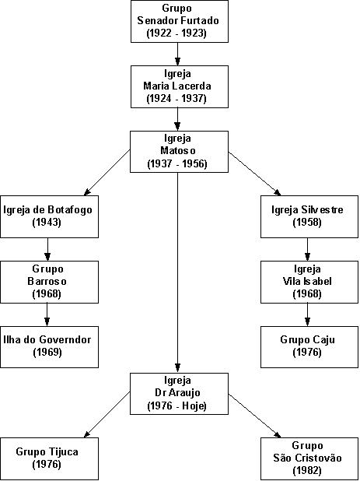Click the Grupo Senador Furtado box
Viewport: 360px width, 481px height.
180,21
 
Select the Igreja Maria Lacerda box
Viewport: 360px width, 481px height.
180,86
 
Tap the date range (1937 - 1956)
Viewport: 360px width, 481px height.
177,163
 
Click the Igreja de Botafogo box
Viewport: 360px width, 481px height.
49,216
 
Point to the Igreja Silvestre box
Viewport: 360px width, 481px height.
309,216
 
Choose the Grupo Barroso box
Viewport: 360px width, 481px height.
49,282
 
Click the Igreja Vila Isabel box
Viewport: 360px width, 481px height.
309,282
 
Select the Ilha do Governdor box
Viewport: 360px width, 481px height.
49,347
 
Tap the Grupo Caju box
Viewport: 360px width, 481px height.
309,347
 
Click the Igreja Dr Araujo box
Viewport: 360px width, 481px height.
180,394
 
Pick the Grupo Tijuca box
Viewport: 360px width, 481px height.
49,458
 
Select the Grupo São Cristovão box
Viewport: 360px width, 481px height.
309,458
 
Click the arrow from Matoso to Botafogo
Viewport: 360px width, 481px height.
107,173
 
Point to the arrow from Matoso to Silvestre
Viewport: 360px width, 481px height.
254,174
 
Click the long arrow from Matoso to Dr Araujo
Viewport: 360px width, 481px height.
177,272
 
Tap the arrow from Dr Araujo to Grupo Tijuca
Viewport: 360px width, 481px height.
107,414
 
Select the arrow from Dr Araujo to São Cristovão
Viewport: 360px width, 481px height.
254,416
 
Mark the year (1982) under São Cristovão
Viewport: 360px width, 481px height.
307,471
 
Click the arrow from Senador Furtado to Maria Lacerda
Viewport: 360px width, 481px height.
177,54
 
